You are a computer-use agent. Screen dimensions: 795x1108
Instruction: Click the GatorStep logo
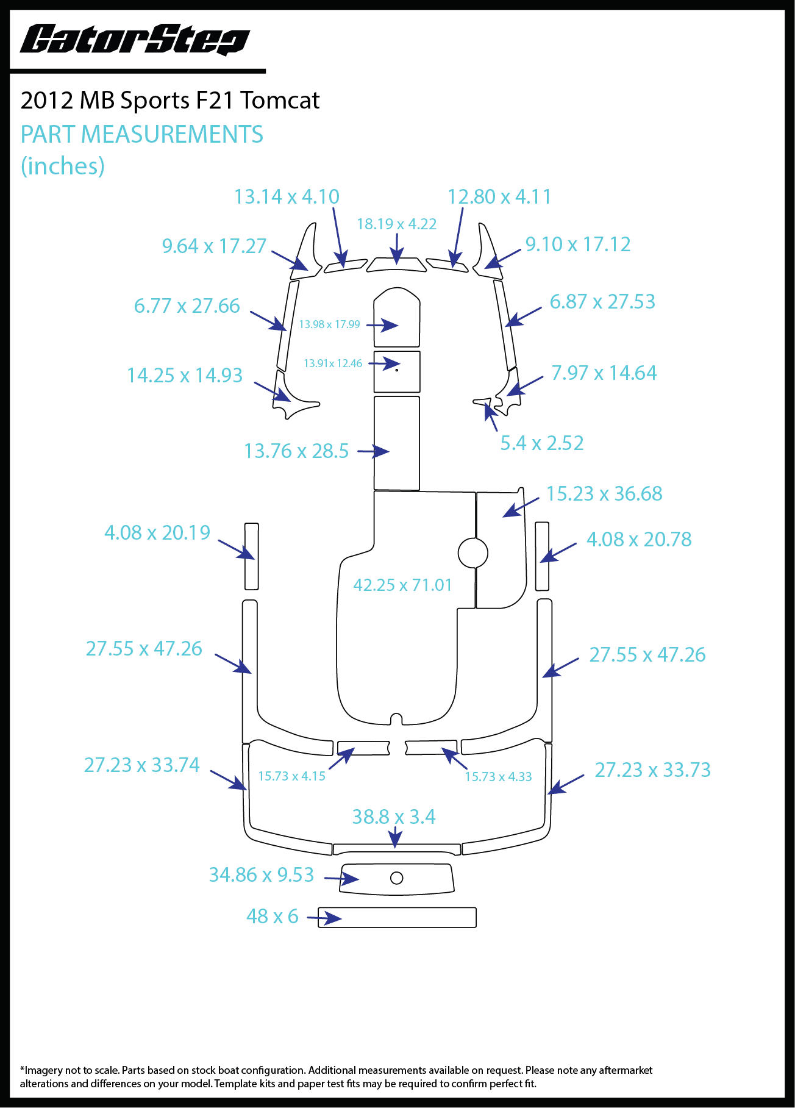pos(135,40)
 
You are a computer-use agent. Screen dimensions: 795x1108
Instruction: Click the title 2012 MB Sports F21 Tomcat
pos(170,100)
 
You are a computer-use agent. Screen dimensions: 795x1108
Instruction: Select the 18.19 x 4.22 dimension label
pos(397,224)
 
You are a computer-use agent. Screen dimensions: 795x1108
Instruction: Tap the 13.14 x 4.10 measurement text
pos(287,197)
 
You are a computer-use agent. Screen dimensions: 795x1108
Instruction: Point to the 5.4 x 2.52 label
pos(542,443)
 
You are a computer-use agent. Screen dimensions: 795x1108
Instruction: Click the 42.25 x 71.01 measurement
pos(402,585)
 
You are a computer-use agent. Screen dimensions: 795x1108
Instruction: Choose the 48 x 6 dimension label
pos(273,917)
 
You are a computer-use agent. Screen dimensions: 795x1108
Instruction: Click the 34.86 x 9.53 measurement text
pos(262,875)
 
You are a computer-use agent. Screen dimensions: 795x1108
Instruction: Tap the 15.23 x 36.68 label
pos(604,494)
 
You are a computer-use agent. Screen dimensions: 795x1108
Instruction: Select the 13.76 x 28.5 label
pos(296,451)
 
